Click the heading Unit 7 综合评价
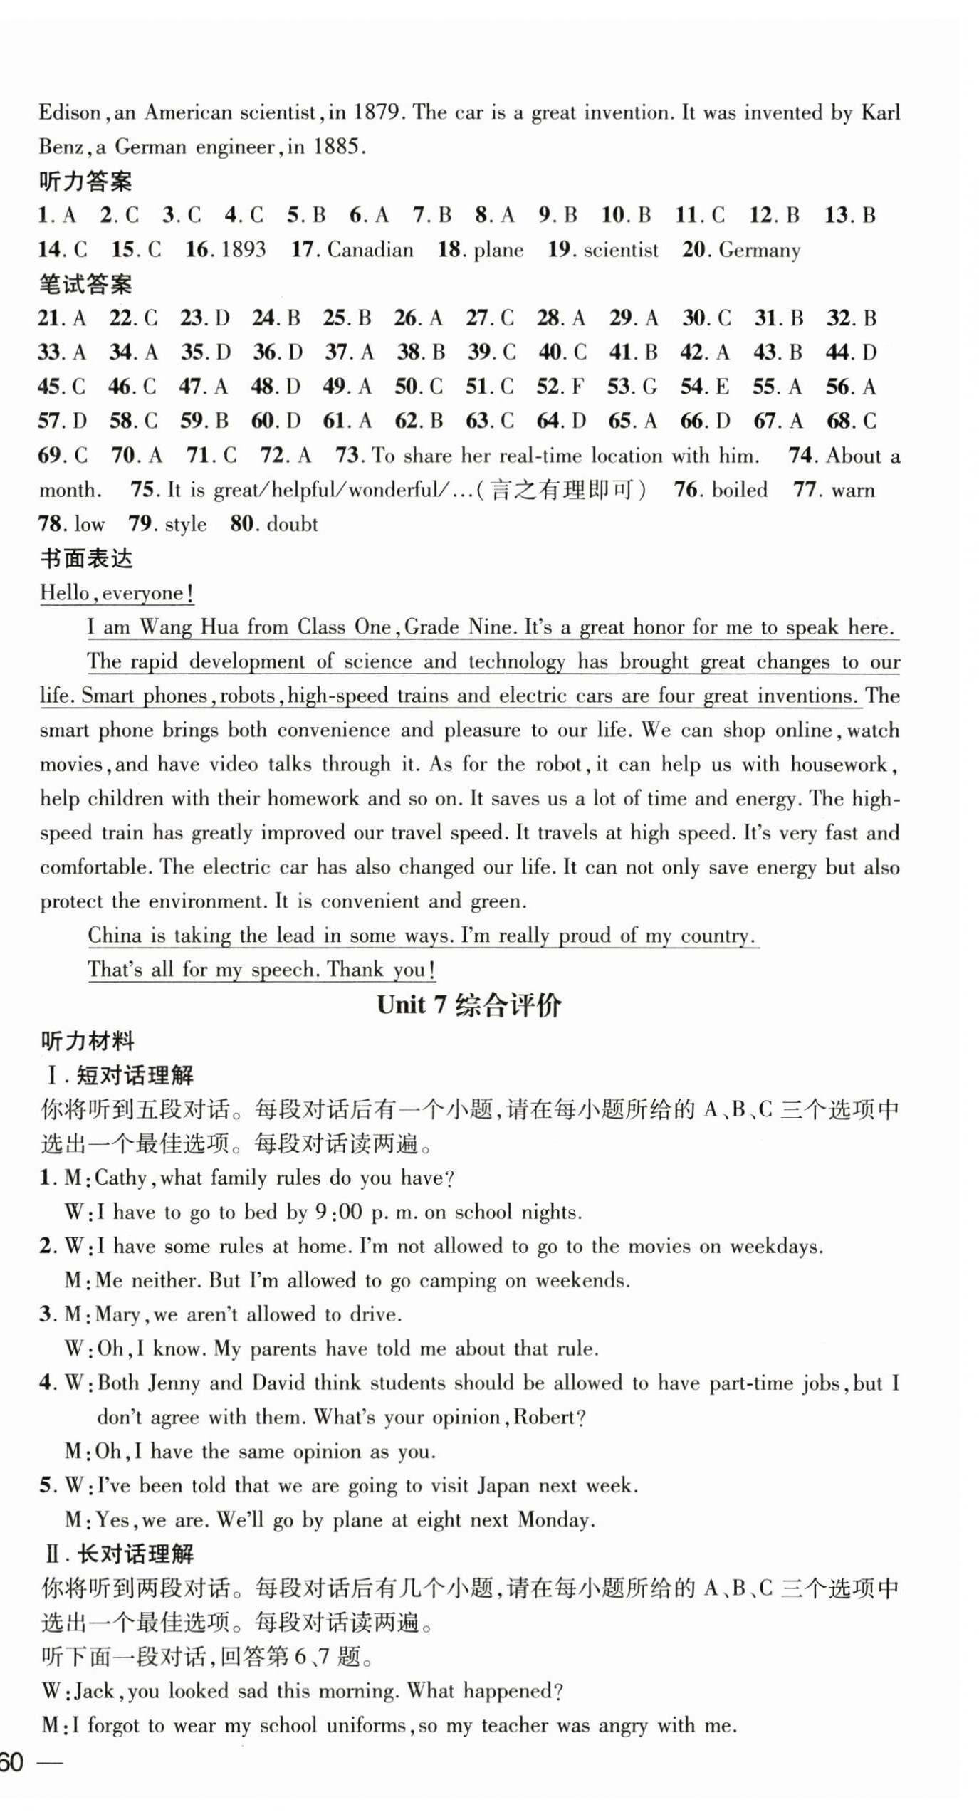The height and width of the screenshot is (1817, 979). click(x=468, y=1005)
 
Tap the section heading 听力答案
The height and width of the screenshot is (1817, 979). click(x=85, y=182)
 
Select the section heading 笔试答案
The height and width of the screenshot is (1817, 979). click(x=85, y=285)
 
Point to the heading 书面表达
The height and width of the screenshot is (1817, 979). click(x=85, y=558)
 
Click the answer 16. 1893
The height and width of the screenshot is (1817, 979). click(x=226, y=249)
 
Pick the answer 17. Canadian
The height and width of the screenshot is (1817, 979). click(x=352, y=249)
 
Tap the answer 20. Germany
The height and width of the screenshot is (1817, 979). click(x=741, y=249)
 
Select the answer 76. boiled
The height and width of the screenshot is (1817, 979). click(x=721, y=490)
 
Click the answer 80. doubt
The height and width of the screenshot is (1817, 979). click(x=274, y=524)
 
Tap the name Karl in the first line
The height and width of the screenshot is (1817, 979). click(x=880, y=112)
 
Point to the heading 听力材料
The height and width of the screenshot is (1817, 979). click(x=87, y=1041)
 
